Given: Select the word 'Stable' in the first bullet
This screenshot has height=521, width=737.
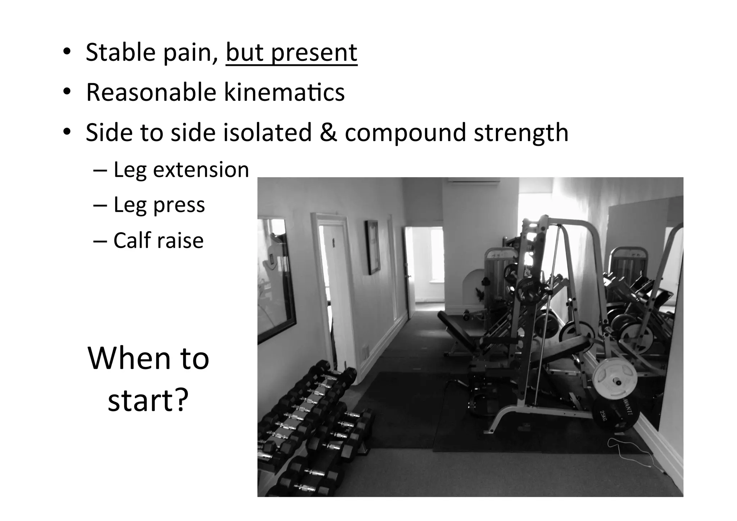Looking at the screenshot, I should click(120, 53).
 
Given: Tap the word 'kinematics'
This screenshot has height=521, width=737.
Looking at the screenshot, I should click(284, 93).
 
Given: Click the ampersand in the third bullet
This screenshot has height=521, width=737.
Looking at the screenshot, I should click(327, 133).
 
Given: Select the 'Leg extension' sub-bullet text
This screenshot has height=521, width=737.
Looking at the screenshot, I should click(181, 170).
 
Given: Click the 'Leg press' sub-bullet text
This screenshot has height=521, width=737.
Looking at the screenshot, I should click(159, 205).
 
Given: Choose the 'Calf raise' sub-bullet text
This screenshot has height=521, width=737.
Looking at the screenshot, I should click(158, 241).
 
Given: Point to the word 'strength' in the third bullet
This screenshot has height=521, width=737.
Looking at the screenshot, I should click(521, 133).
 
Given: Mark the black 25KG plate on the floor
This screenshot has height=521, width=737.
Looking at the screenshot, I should click(615, 414).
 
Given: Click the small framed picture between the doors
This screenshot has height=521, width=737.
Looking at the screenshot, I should click(372, 247).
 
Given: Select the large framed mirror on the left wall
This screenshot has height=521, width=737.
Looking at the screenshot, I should click(276, 279).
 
